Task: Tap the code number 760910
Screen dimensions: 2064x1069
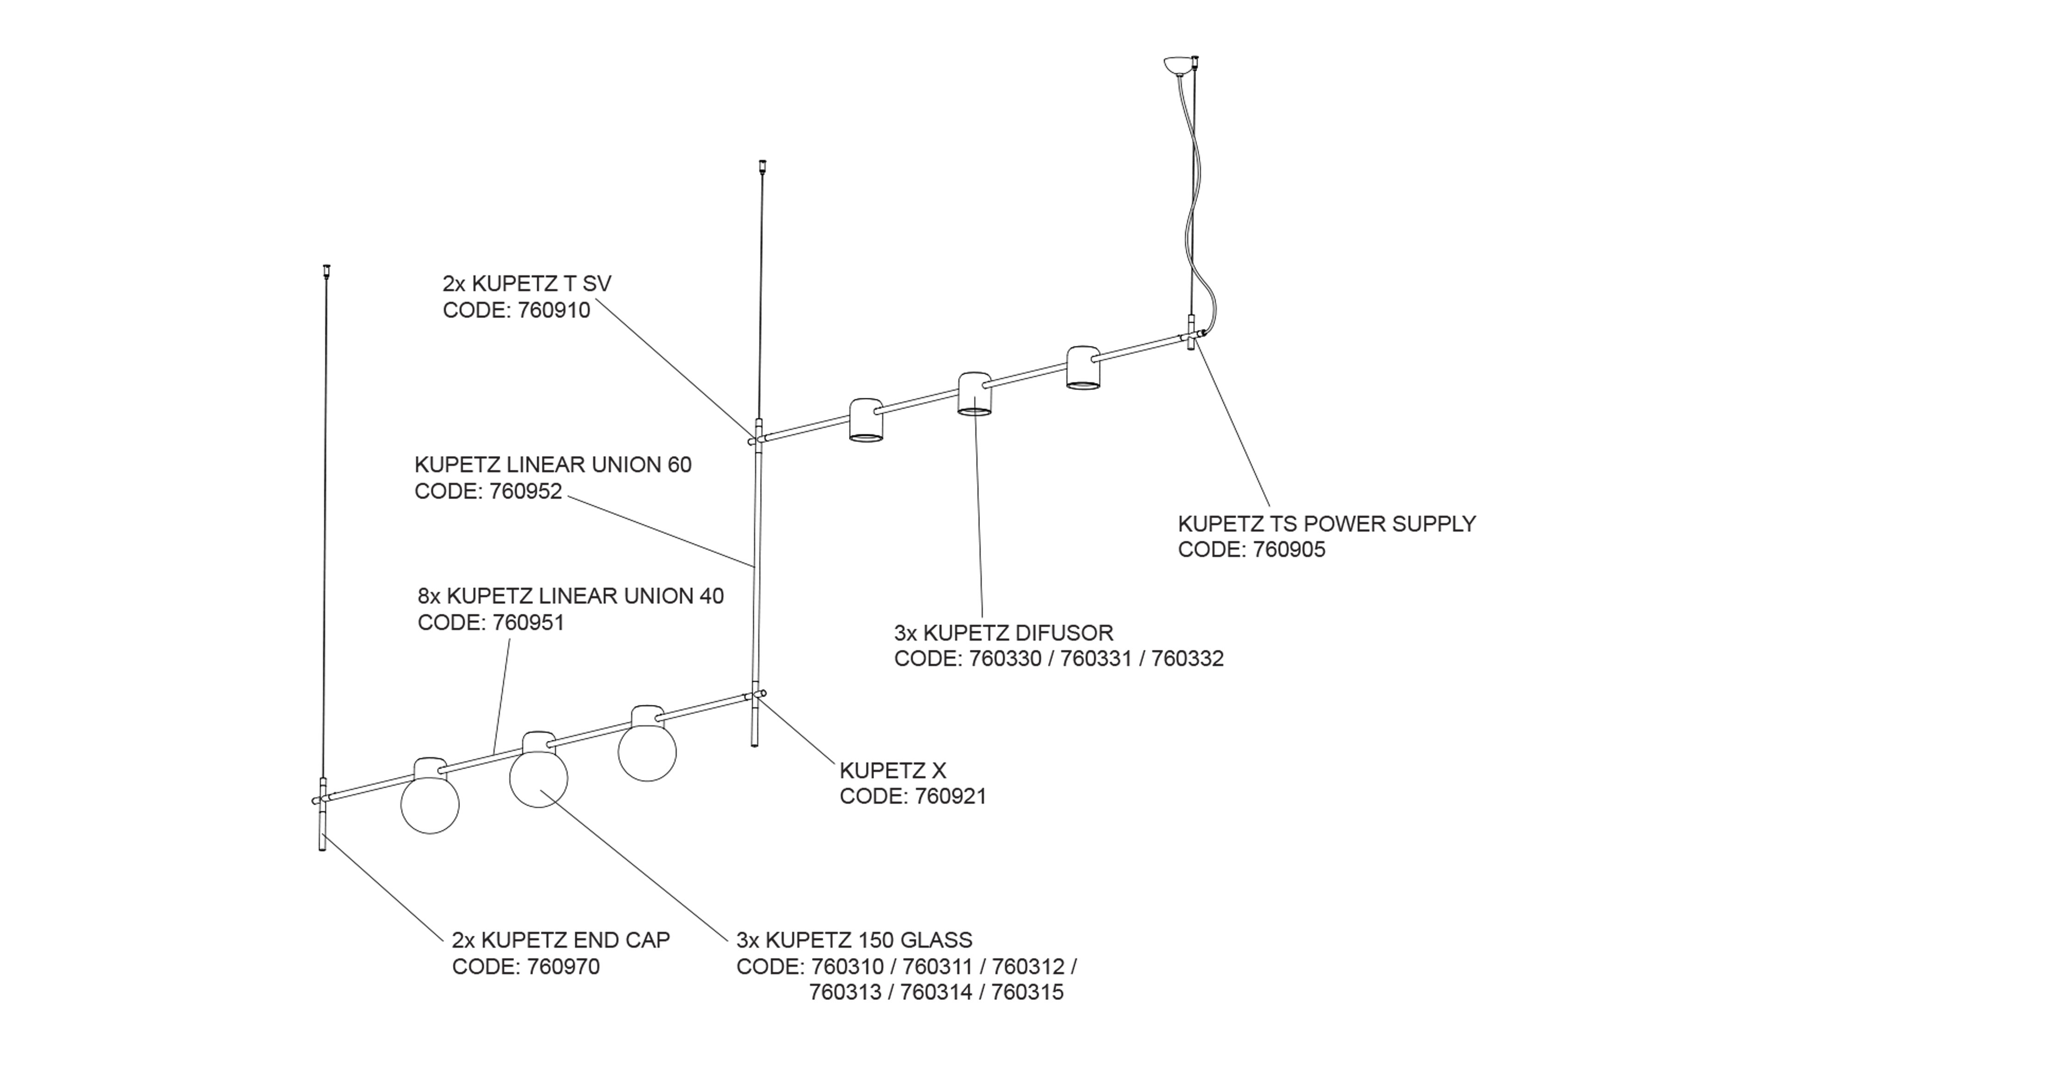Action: pos(554,310)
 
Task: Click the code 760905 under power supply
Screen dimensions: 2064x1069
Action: pos(1289,550)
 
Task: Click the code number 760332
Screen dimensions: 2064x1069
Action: pos(1187,659)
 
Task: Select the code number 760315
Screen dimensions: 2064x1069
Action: pos(1027,992)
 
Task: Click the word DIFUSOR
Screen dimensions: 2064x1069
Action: pos(1064,633)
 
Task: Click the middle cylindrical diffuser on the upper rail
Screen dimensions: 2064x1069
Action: pos(974,394)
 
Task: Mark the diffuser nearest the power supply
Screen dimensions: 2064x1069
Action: pos(1083,368)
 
